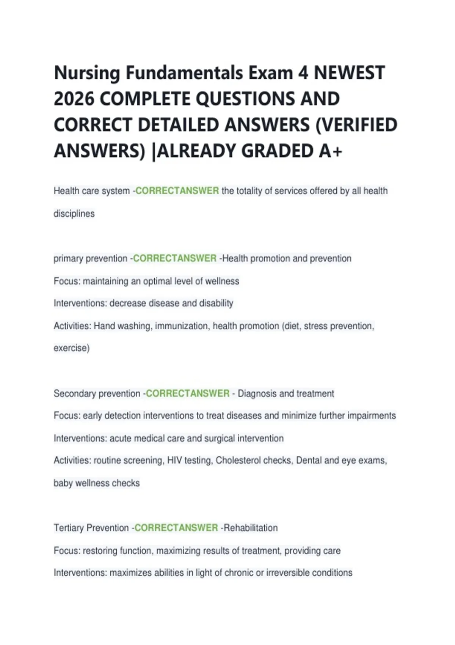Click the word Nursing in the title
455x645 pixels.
(87, 73)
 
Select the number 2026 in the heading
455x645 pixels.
(74, 99)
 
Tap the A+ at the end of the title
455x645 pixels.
(330, 151)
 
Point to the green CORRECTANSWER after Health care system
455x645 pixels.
(177, 191)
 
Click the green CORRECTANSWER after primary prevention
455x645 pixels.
(175, 258)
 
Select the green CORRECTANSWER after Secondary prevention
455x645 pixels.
(188, 393)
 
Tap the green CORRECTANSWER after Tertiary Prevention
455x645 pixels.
(176, 528)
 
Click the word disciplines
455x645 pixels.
(74, 214)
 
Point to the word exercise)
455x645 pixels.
(72, 348)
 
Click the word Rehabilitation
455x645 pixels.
(251, 528)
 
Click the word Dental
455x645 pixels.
(309, 461)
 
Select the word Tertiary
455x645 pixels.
(69, 528)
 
